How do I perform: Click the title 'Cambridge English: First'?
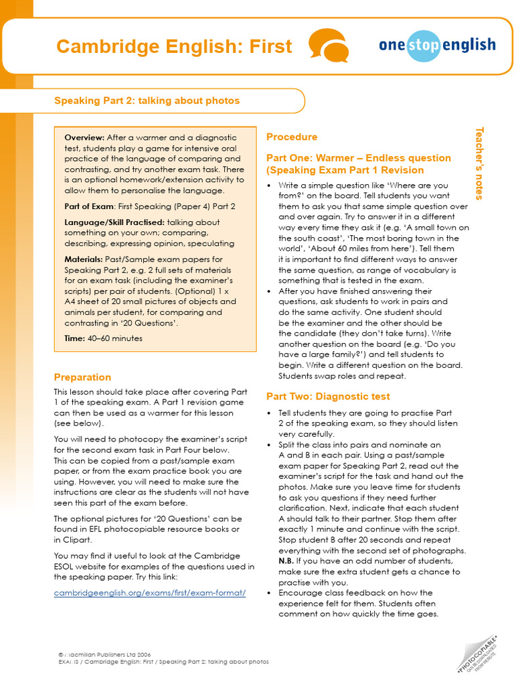pos(174,46)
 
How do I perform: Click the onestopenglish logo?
pos(437,46)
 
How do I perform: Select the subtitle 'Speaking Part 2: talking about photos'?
pos(147,100)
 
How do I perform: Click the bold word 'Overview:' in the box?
pos(84,137)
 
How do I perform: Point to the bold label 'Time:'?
pos(75,338)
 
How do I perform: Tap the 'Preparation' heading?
pos(82,377)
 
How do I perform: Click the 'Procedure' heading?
pos(292,137)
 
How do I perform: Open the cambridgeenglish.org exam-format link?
pos(150,594)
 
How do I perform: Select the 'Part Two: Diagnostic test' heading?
pos(328,396)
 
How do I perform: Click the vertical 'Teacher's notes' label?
pos(479,163)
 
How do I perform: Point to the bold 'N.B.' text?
pos(286,560)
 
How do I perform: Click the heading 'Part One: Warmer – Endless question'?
pos(359,158)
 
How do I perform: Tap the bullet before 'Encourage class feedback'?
pos(269,593)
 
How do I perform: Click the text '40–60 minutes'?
pos(115,338)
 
